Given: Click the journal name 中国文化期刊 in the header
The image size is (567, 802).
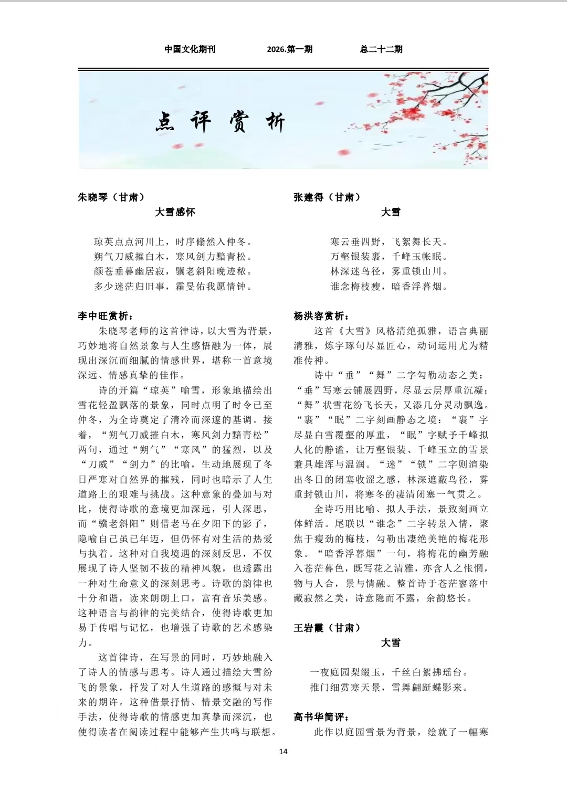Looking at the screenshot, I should (190, 49).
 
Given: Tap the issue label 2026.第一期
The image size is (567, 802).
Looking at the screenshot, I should (289, 49).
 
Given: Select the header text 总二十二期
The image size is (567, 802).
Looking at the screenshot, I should (381, 49).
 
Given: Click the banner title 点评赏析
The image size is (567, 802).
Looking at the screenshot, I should (220, 122).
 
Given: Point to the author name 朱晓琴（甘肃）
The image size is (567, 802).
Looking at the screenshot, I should (111, 197).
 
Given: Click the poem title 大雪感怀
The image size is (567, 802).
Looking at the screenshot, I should (175, 212).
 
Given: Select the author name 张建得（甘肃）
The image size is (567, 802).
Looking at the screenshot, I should (327, 197).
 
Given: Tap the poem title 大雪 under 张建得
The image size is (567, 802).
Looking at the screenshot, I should (391, 212).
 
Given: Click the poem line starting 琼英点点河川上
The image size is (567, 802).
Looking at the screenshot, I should (174, 242).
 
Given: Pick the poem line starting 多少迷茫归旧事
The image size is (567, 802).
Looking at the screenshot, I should (174, 287).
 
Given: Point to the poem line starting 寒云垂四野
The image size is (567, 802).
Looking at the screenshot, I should (390, 242).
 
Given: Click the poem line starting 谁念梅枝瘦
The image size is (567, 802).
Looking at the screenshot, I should (390, 287).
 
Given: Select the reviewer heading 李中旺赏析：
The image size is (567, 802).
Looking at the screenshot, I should (106, 316).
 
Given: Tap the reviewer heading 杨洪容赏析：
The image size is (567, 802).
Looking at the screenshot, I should (322, 316).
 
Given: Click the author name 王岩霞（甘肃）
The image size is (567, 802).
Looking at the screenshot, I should (327, 628).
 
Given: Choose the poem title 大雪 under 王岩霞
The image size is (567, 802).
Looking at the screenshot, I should (391, 642).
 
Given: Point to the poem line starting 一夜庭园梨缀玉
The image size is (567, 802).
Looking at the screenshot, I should (389, 672).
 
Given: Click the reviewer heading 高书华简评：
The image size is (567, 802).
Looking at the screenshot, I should (322, 717).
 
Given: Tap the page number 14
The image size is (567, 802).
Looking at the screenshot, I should (283, 752).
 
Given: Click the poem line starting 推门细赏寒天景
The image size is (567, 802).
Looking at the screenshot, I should (389, 687).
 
